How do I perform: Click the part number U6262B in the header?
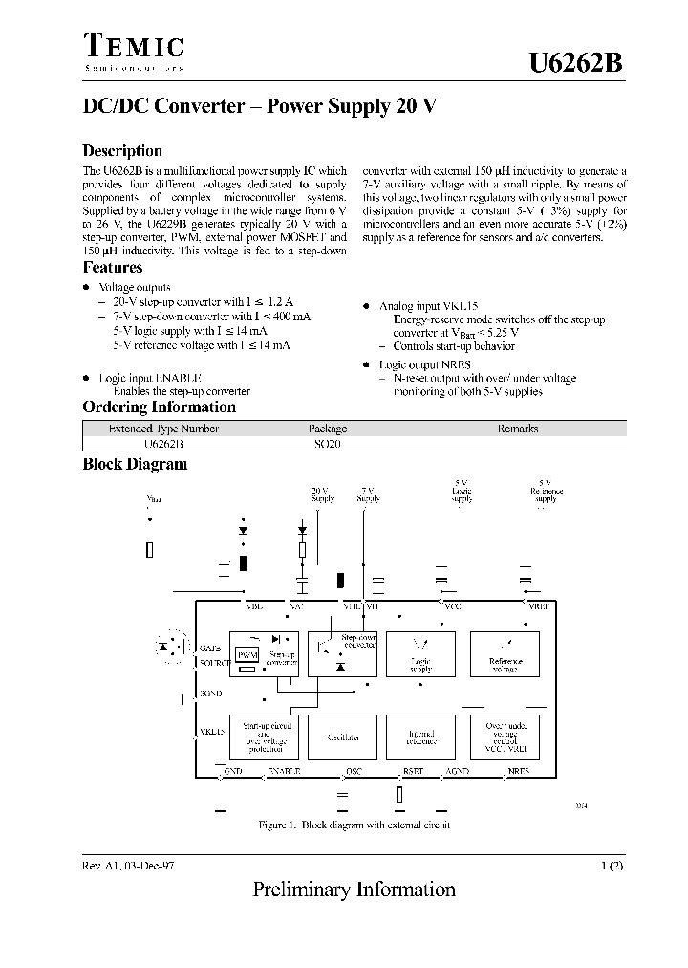[x=577, y=63]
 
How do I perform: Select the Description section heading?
[x=122, y=150]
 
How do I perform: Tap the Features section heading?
[x=113, y=268]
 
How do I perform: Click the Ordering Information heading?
[x=159, y=407]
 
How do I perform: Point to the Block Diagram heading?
[x=135, y=464]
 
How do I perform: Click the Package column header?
[x=327, y=429]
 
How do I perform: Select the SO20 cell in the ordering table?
[x=327, y=444]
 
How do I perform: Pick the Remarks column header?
[x=518, y=429]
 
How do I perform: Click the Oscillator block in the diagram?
[x=343, y=737]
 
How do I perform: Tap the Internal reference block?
[x=420, y=737]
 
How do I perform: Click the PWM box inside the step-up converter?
[x=247, y=654]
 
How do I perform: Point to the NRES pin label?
[x=519, y=770]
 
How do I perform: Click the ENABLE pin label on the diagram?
[x=284, y=770]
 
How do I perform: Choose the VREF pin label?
[x=539, y=605]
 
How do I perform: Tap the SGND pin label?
[x=210, y=693]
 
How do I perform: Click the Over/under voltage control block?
[x=505, y=737]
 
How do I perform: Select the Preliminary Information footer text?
[x=354, y=890]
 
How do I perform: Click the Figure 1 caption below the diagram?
[x=354, y=825]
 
